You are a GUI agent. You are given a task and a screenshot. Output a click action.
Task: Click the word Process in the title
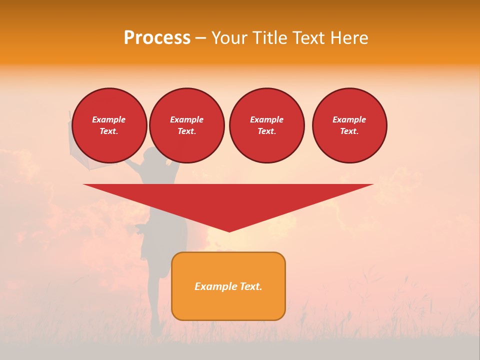pos(157,38)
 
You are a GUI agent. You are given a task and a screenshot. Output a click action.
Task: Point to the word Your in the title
pos(229,38)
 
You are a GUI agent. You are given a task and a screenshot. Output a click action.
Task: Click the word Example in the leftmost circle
pos(109,119)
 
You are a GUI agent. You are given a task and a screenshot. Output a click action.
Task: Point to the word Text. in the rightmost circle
pos(349,131)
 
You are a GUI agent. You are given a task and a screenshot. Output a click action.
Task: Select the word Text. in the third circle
pos(266,131)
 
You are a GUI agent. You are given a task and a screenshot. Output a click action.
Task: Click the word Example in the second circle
pos(186,119)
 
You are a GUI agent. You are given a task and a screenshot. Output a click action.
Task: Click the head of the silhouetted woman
pos(150,155)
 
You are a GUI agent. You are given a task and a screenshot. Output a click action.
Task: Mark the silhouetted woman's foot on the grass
pos(156,330)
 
